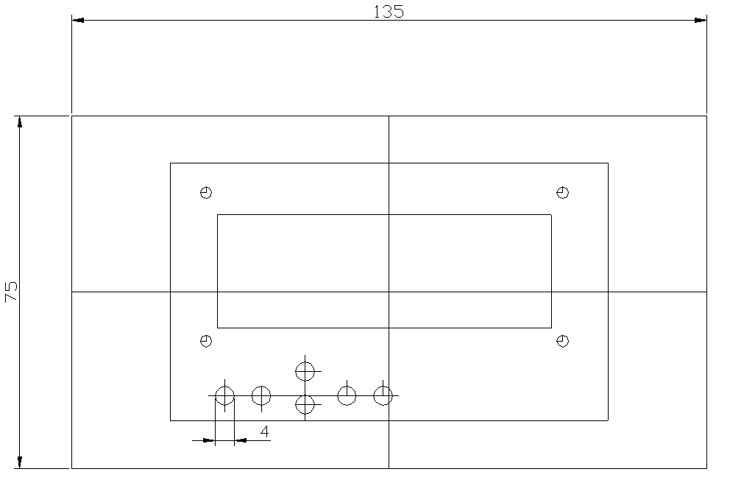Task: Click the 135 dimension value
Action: (x=389, y=11)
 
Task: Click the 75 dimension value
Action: (x=11, y=292)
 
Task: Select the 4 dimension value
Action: (x=264, y=429)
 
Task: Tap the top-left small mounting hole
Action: (x=206, y=193)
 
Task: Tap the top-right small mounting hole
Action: (x=563, y=193)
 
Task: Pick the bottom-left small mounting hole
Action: (x=206, y=341)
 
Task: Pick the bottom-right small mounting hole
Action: (x=563, y=341)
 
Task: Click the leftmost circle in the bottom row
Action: (x=224, y=395)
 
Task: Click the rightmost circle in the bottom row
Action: (x=383, y=395)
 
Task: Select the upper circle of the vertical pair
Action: (x=305, y=371)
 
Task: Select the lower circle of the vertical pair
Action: (x=305, y=404)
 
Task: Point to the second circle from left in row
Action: (x=261, y=395)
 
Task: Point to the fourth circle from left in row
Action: (x=347, y=395)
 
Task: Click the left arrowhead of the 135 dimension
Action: (x=77, y=20)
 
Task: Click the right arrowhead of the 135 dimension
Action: (x=701, y=20)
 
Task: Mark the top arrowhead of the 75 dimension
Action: (x=20, y=121)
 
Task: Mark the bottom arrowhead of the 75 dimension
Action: (x=20, y=462)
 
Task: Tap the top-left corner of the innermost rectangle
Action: (x=218, y=215)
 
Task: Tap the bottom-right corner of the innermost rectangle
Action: (x=551, y=328)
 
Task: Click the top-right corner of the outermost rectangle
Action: (x=706, y=116)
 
